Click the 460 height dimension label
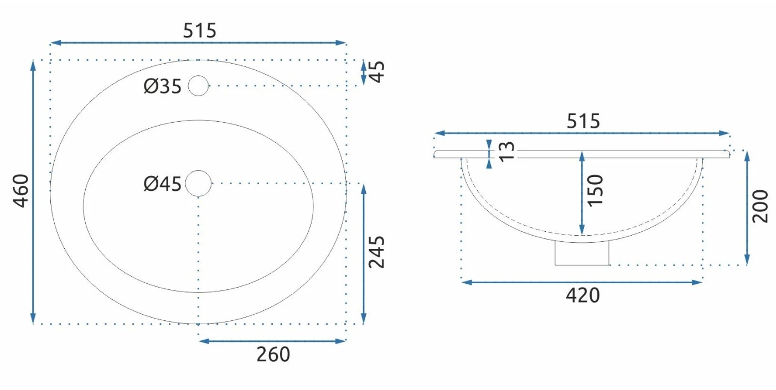[x=21, y=191]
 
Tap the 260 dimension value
[x=273, y=355]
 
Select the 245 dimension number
[x=376, y=252]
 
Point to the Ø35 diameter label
[x=163, y=86]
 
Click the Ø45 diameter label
[x=163, y=184]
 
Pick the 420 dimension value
[x=583, y=295]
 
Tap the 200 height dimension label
[x=760, y=206]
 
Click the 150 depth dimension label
[x=596, y=190]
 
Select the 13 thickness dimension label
[x=506, y=152]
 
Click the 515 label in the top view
[x=200, y=30]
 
